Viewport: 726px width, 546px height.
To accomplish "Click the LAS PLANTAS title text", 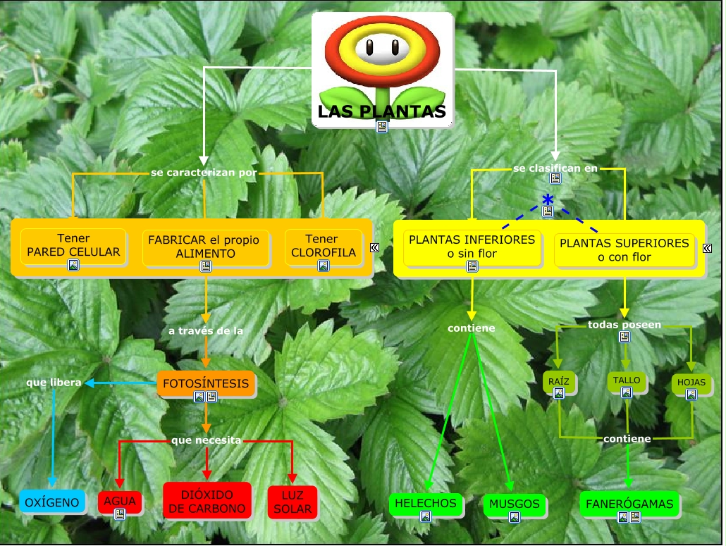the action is tap(381, 111).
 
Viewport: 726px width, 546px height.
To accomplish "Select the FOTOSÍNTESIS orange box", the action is tap(206, 384).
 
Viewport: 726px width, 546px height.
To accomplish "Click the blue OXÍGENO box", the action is tap(53, 502).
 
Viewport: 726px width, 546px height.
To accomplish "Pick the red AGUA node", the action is tap(120, 502).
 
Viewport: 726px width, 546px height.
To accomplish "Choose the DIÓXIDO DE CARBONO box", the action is tap(207, 501).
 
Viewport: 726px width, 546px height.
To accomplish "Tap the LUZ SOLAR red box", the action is tap(293, 502).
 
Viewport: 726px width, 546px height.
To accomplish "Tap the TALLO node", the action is tap(627, 380).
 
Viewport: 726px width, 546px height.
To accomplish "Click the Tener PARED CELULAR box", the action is tap(73, 246).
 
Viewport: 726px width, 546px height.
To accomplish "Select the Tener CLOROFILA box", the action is tap(324, 246).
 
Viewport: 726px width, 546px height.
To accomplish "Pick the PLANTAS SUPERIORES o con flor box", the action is tap(624, 249).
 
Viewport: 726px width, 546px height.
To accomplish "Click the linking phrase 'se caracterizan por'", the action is tap(204, 172).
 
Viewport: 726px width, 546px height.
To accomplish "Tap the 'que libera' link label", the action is tap(54, 383).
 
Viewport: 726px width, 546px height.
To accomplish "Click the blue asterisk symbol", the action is tap(548, 199).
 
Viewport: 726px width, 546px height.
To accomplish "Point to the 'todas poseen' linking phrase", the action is tap(625, 325).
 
